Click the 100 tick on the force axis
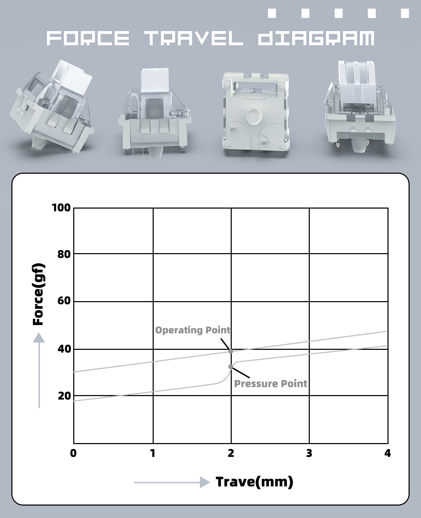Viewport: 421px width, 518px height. pos(61,208)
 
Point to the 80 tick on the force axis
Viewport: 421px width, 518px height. pos(64,255)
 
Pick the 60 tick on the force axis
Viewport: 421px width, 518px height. pos(64,301)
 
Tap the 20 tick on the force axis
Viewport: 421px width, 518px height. pos(64,396)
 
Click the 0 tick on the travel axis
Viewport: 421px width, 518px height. pos(73,453)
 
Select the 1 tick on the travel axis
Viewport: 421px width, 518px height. pos(153,453)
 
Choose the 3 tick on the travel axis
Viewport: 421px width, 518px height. pos(309,453)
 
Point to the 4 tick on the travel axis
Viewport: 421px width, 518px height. pos(387,453)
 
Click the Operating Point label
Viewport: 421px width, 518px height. pos(193,330)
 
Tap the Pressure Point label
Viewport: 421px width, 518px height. pos(271,384)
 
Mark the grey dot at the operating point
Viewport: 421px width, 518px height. pos(231,351)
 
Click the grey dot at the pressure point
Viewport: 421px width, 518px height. pos(230,366)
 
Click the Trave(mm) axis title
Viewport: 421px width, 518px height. pos(254,482)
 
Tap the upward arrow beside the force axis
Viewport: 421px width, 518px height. pos(39,370)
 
